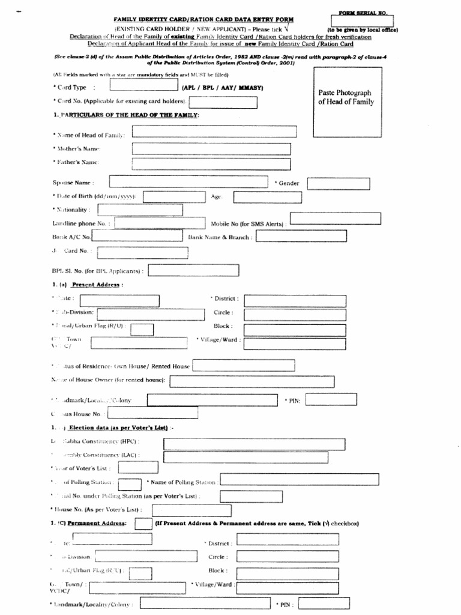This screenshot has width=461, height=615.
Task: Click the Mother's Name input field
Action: point(211,149)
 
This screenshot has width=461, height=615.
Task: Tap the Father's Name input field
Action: point(211,164)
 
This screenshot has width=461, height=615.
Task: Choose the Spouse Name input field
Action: point(188,182)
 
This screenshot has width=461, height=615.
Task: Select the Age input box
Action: point(268,197)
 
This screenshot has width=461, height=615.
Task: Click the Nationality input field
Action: point(131,210)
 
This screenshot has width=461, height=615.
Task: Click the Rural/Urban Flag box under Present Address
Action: point(142,328)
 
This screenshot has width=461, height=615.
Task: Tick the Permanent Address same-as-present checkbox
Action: point(143,524)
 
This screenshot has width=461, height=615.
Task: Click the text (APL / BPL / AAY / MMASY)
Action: point(223,88)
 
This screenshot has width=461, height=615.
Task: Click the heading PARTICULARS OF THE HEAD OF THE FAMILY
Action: point(129,115)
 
